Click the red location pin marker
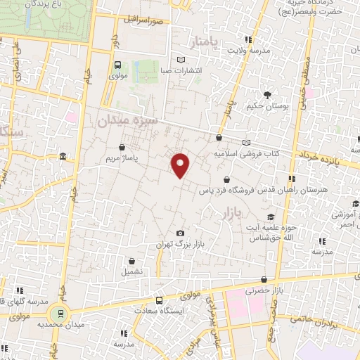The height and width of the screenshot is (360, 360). (181, 165)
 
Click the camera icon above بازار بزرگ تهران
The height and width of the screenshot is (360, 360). (181, 233)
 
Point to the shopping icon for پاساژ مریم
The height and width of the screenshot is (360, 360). (124, 148)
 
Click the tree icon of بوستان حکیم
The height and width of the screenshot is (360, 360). (267, 95)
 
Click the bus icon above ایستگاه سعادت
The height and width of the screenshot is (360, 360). (158, 300)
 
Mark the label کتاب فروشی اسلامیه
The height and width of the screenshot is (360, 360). (247, 153)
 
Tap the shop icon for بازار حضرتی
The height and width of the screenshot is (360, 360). (263, 280)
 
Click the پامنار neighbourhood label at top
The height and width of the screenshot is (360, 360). (205, 41)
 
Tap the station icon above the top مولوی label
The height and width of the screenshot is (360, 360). (118, 65)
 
